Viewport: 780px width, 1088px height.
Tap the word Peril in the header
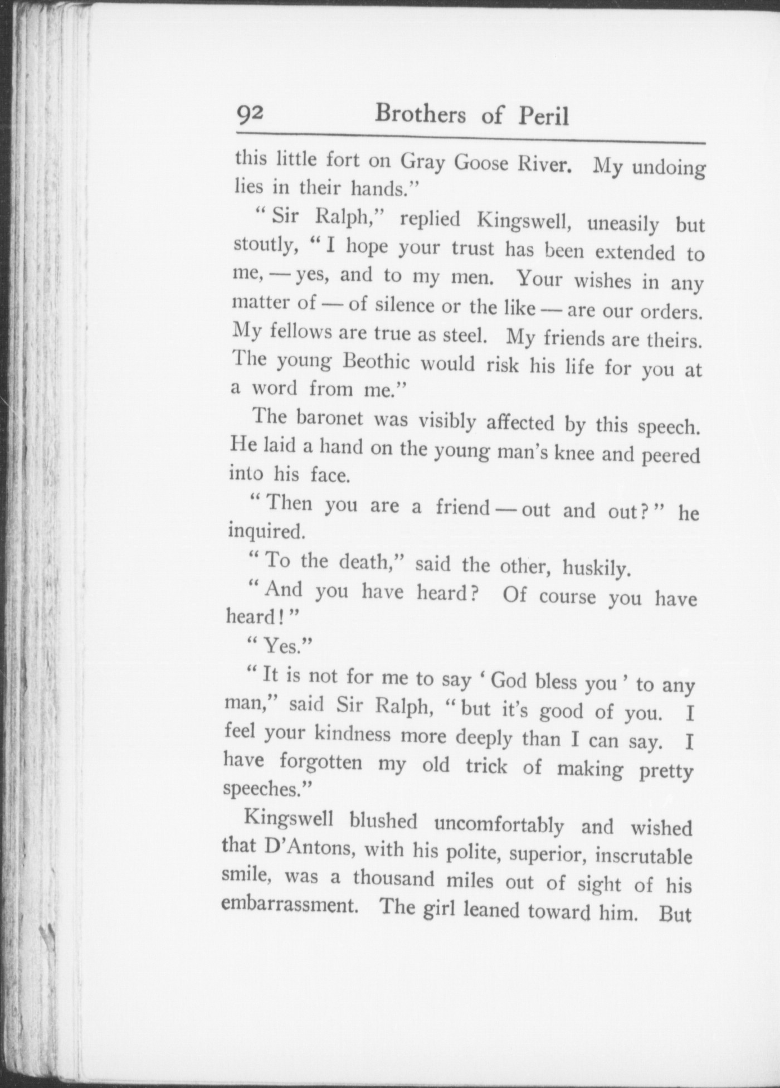[544, 116]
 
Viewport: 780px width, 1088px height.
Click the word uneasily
[623, 224]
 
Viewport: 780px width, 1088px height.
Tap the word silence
[404, 305]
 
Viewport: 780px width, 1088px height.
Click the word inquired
[266, 532]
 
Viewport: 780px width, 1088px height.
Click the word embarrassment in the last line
[289, 904]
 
